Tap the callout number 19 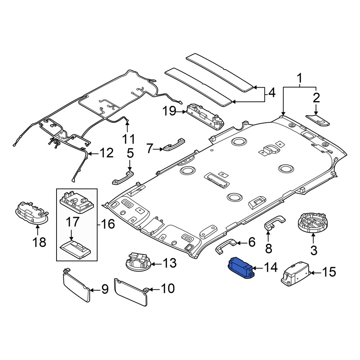(170, 112)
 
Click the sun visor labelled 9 (76, 285)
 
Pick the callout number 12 (107, 153)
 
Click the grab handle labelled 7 (174, 144)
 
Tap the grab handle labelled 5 (123, 177)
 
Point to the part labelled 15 (296, 274)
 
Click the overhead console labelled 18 (32, 213)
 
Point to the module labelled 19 (205, 116)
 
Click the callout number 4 (271, 93)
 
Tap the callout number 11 (129, 139)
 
